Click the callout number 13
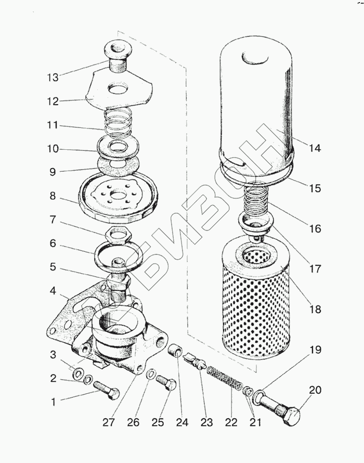click(52, 77)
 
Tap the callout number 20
click(315, 390)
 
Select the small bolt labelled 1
click(107, 390)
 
